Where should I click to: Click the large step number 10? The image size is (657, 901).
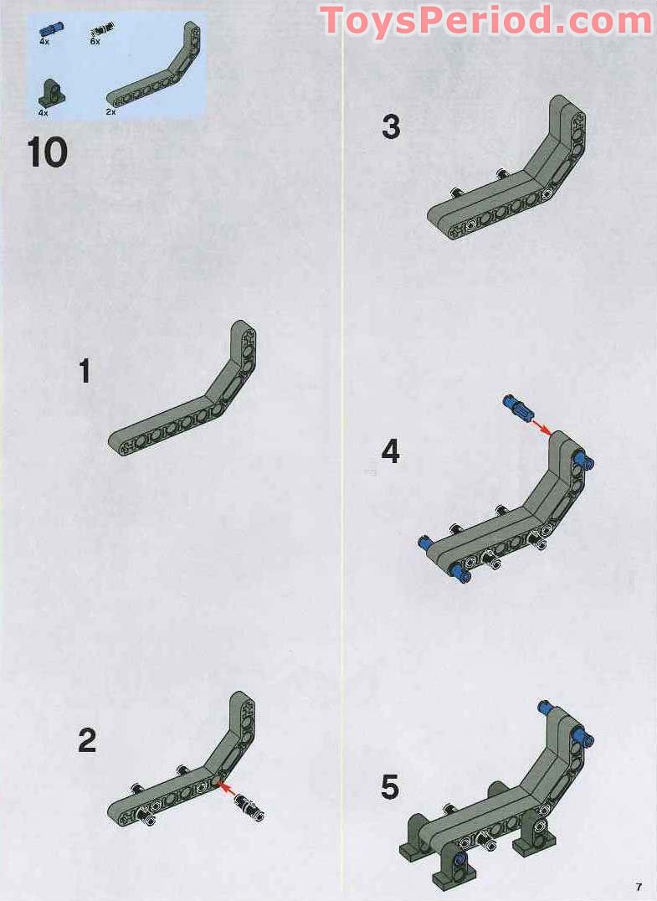(x=47, y=152)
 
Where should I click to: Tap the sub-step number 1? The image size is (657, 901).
(x=85, y=371)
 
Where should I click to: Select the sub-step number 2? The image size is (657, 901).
(x=87, y=741)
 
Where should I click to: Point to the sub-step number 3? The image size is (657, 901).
(x=391, y=127)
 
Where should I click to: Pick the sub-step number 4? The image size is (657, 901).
(x=391, y=452)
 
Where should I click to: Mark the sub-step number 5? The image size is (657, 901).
(x=390, y=788)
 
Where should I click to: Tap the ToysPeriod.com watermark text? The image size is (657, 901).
(x=486, y=20)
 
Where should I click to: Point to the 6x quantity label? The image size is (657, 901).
(x=95, y=42)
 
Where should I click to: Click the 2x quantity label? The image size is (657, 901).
(x=110, y=111)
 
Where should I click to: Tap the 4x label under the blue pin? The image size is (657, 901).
(x=44, y=40)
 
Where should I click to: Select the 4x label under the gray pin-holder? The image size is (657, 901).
(x=44, y=111)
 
